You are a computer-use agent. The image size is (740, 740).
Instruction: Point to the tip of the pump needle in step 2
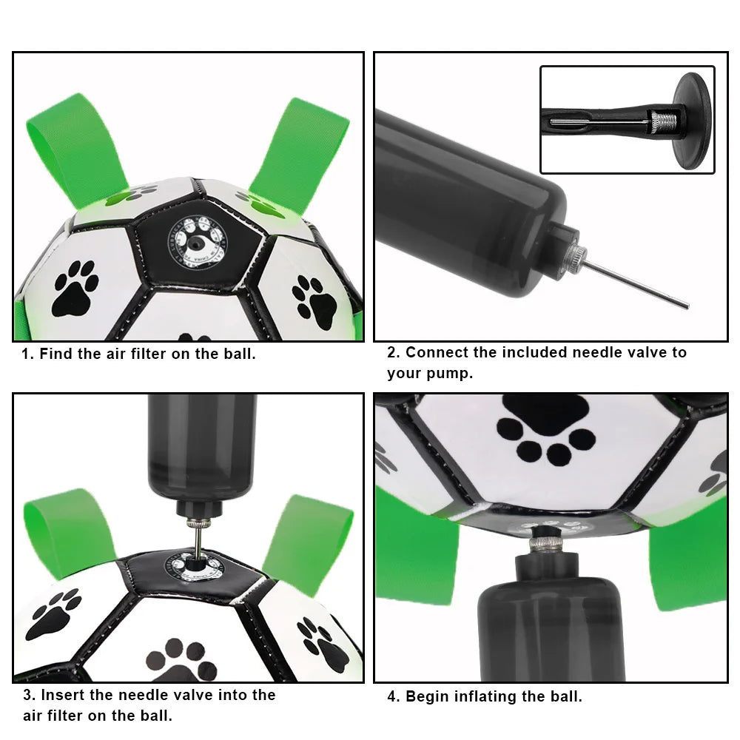(686, 306)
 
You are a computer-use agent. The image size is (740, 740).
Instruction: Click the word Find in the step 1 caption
(56, 354)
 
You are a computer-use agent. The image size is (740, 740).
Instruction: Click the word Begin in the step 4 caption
(428, 696)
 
